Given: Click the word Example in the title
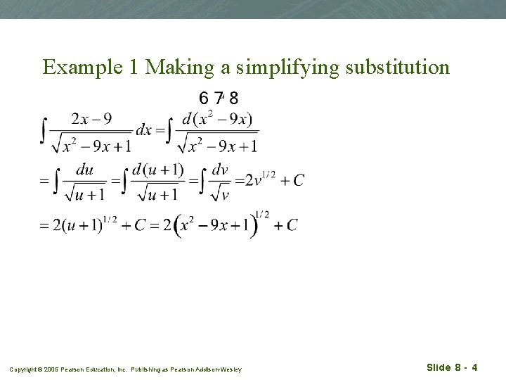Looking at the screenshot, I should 84,67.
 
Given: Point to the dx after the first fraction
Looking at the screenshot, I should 143,131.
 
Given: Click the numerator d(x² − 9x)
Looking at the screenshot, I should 217,119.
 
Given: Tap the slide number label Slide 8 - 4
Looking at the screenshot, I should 453,367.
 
